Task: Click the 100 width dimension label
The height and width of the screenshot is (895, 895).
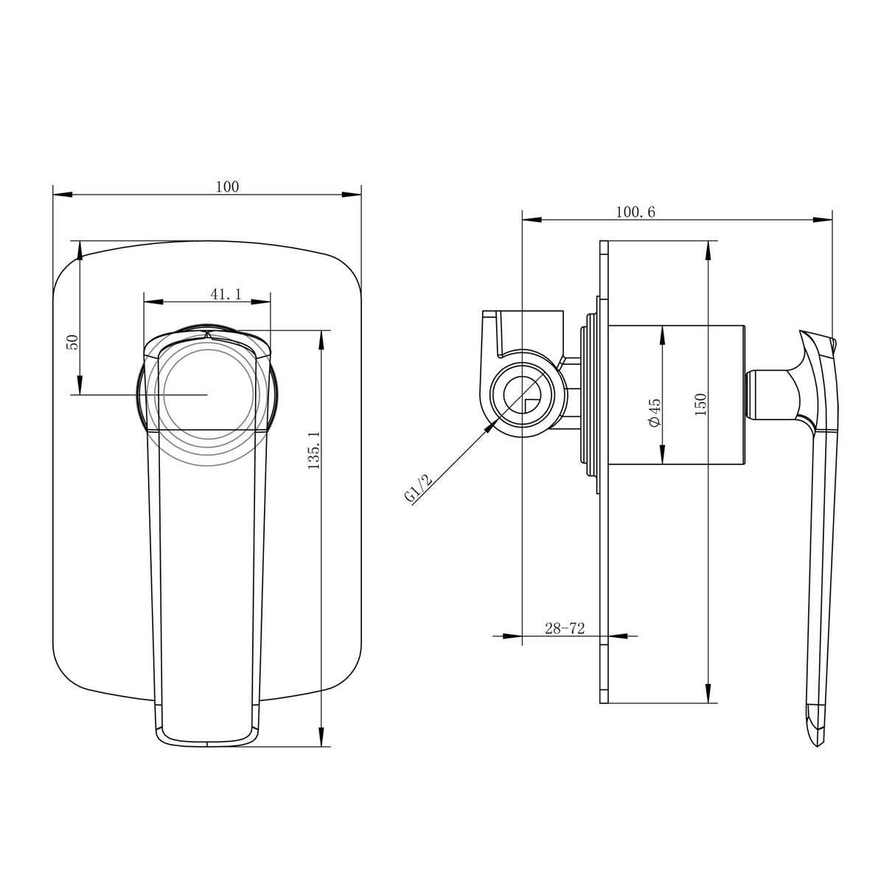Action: click(x=227, y=187)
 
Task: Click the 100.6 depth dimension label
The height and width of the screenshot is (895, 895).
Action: click(x=635, y=212)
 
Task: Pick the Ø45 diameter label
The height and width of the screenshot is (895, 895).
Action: click(x=654, y=411)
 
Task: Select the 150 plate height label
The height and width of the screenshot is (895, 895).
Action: click(x=700, y=403)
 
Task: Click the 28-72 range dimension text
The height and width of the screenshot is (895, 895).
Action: click(x=564, y=628)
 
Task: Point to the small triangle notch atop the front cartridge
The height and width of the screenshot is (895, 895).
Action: click(x=208, y=335)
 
